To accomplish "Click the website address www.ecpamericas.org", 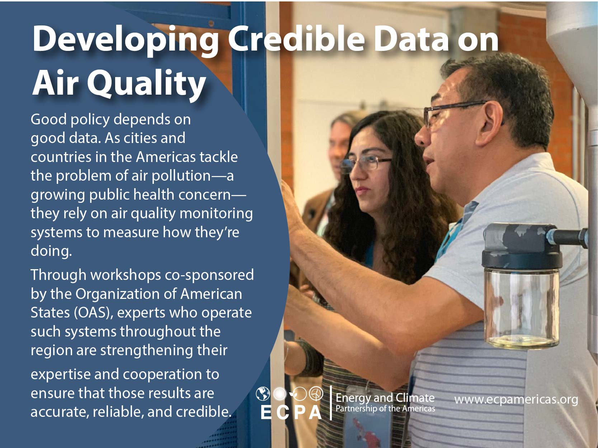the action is [516, 400].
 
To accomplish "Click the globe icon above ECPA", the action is [263, 394].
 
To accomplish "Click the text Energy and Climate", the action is [385, 398].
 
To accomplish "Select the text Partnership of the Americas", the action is [385, 409].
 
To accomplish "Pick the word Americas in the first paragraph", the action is [166, 157].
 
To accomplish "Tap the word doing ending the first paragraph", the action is [51, 251].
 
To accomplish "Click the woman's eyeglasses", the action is [365, 163].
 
